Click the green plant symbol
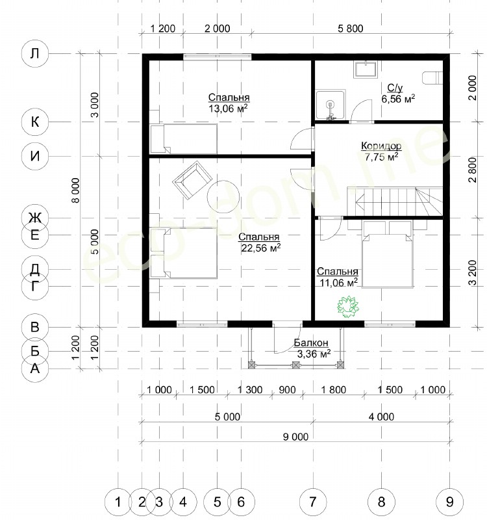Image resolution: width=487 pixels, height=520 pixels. tap(347, 307)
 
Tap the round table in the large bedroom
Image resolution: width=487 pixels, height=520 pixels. tap(223, 197)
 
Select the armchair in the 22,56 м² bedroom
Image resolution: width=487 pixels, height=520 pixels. tap(192, 181)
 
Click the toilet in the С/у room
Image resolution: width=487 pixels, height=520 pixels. tap(433, 77)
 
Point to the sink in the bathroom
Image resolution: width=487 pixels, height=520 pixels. tap(366, 70)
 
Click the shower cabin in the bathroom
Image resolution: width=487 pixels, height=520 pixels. tap(331, 105)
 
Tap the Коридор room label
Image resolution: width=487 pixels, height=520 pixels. tap(381, 146)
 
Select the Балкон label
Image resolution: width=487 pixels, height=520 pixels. tap(311, 343)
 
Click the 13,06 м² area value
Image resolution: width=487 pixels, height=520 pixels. tap(229, 109)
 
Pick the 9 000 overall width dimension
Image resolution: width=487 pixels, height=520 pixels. tap(295, 437)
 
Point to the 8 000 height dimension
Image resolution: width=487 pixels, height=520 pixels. tap(76, 190)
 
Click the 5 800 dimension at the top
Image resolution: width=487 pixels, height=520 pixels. tap(351, 29)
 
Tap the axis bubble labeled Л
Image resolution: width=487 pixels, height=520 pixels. tap(35, 53)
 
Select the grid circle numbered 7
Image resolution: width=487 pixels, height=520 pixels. tap(313, 502)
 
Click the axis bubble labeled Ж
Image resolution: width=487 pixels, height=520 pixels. tap(35, 218)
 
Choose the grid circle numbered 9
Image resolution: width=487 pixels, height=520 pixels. tap(449, 502)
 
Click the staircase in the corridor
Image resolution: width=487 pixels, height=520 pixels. tap(395, 201)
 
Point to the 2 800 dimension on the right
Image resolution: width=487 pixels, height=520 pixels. tap(473, 170)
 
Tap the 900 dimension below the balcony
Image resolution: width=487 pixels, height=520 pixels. tap(287, 389)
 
